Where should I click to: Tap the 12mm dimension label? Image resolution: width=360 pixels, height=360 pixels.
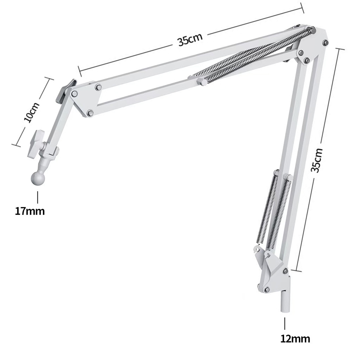(295, 339)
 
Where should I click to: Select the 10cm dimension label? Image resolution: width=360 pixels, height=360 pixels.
(32, 112)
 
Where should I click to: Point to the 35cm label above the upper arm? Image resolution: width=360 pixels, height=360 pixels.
(190, 40)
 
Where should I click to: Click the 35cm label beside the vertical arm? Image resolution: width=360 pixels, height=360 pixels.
(316, 160)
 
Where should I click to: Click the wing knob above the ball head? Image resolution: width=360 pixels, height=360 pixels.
(36, 144)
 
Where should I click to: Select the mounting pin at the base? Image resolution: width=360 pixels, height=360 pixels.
(284, 301)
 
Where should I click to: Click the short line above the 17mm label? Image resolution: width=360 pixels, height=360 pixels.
(37, 197)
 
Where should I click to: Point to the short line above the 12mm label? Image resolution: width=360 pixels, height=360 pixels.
(285, 324)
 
